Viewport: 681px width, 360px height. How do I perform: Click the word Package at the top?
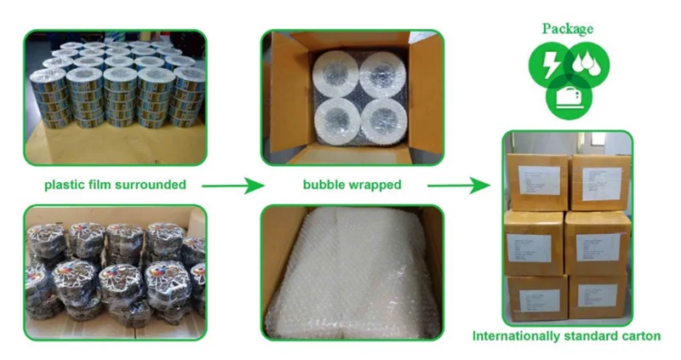click(568, 28)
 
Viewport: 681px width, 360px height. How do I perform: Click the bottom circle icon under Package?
click(567, 98)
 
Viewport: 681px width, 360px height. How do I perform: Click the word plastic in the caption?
click(64, 185)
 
